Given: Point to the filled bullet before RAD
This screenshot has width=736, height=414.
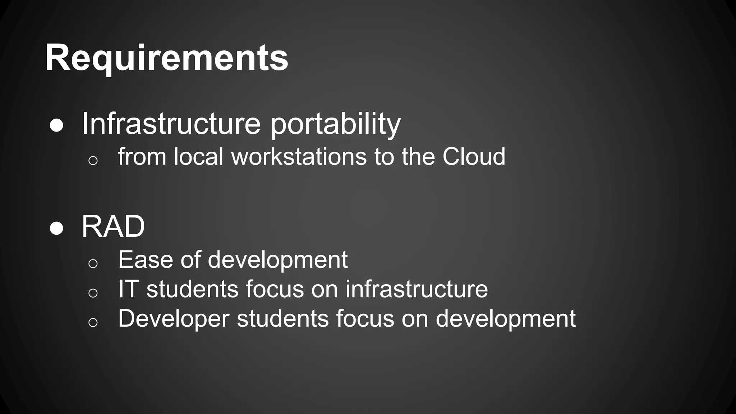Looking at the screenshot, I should click(x=57, y=228).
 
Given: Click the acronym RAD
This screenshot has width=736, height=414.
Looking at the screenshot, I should click(x=113, y=226).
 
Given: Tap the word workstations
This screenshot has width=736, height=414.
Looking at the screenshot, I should click(x=299, y=157).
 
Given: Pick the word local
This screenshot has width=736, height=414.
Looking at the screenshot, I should click(x=199, y=157).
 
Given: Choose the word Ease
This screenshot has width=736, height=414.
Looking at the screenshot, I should click(x=146, y=259).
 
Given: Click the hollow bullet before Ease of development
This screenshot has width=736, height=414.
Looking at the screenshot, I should click(x=93, y=263).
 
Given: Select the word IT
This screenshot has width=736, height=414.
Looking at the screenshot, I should click(x=128, y=289).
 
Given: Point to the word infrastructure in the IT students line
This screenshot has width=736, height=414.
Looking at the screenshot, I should click(x=417, y=289).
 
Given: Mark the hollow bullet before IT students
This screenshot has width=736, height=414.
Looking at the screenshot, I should click(x=93, y=293).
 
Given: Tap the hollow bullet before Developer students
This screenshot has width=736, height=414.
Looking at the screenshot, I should click(x=93, y=322).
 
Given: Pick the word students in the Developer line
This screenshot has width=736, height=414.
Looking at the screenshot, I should click(x=282, y=318).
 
